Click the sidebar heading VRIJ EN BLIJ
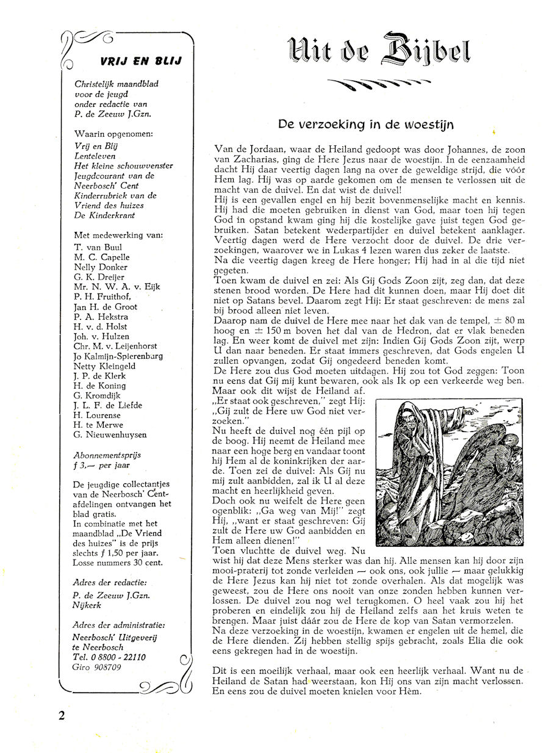pyautogui.click(x=140, y=61)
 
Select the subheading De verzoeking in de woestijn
pyautogui.click(x=365, y=124)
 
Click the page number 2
pyautogui.click(x=62, y=715)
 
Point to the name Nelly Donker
pyautogui.click(x=101, y=267)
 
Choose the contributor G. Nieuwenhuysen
pyautogui.click(x=110, y=435)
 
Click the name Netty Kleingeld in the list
pyautogui.click(x=104, y=366)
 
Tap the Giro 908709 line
pyautogui.click(x=96, y=667)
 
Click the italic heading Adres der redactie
pyautogui.click(x=110, y=582)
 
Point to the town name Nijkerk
pyautogui.click(x=89, y=606)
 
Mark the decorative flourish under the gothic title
pyautogui.click(x=379, y=86)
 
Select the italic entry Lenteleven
pyautogui.click(x=95, y=156)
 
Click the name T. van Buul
pyautogui.click(x=98, y=247)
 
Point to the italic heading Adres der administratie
pyautogui.click(x=118, y=625)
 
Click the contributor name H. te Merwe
pyautogui.click(x=98, y=425)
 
